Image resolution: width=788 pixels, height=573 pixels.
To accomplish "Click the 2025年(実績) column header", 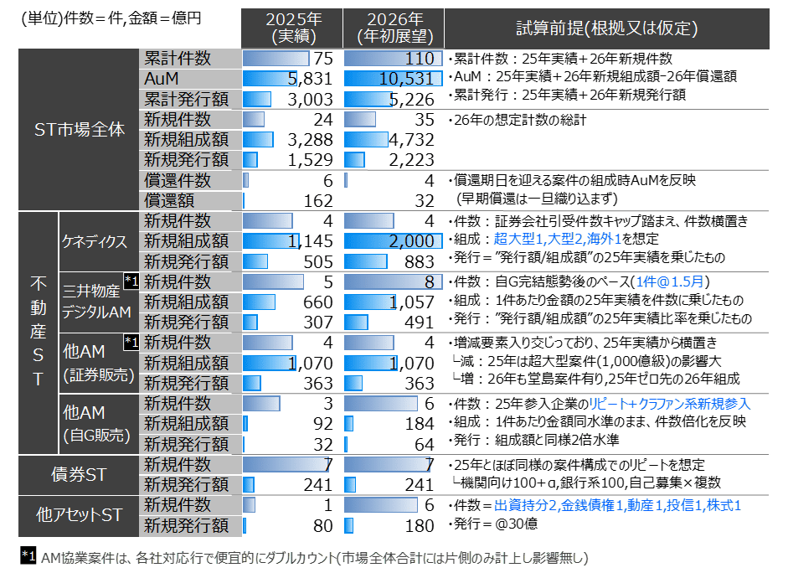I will (289, 28).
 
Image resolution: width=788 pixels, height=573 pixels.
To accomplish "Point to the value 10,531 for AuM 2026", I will (406, 79).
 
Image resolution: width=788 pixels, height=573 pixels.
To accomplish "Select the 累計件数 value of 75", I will (322, 59).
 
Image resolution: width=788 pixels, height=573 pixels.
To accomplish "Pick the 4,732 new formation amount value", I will (410, 139).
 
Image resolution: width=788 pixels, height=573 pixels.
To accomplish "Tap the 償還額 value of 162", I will (317, 200).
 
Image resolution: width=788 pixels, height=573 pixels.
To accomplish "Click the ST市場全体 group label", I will (80, 130).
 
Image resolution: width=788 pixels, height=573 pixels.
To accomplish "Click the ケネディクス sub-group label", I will (94, 241).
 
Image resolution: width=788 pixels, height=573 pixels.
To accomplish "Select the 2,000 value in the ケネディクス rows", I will (410, 241).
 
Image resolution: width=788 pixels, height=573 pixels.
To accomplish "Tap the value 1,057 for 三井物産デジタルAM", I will (410, 302).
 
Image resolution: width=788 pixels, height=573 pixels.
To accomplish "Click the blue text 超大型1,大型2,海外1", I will (552, 241).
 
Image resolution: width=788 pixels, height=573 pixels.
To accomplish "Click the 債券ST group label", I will (80, 474).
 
